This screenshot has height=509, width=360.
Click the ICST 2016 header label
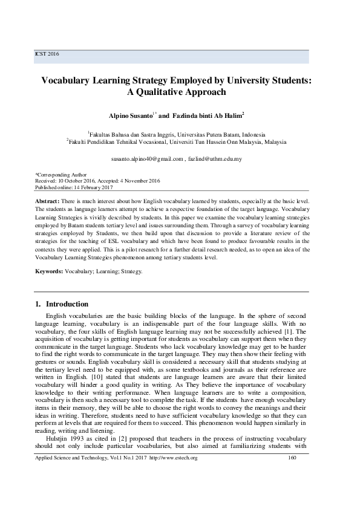coord(48,54)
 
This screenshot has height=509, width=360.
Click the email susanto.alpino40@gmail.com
coord(147,159)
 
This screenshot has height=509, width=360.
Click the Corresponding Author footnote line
coord(61,174)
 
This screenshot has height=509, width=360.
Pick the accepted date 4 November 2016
coord(138,180)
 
